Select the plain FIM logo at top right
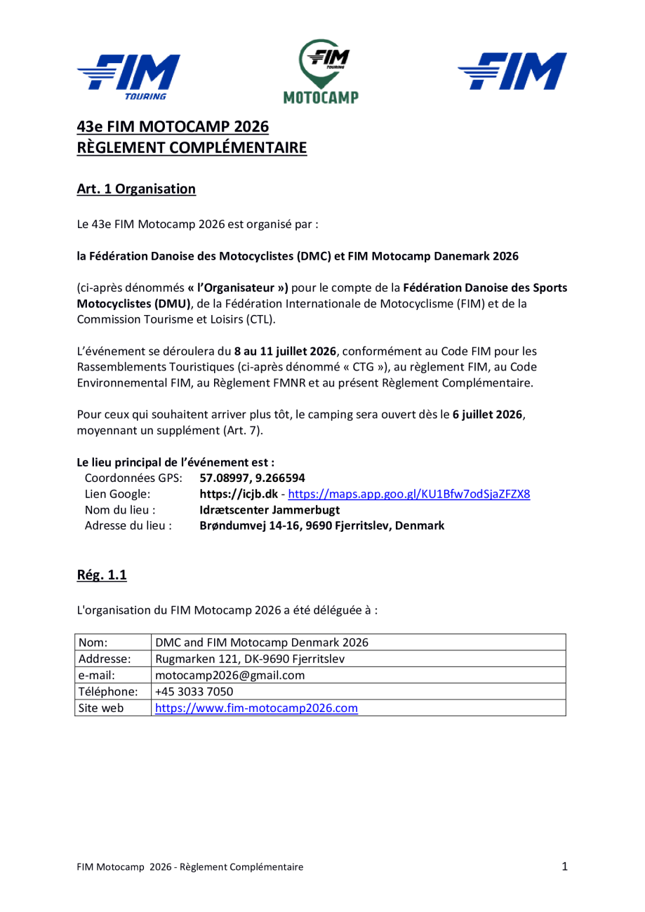[512, 73]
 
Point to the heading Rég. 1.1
[102, 577]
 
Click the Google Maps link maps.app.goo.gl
[407, 495]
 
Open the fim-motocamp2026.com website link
[256, 708]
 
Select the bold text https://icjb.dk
[241, 495]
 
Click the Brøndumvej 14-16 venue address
[322, 525]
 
